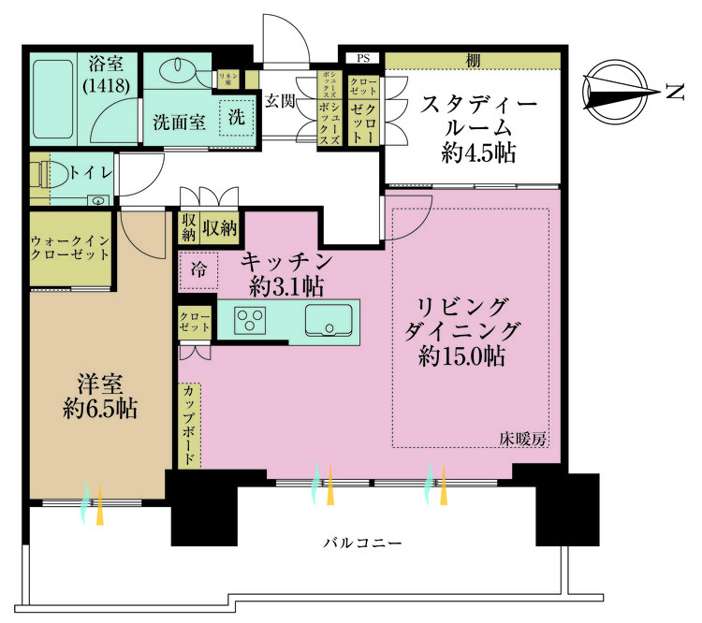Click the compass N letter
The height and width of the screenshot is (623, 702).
[x=674, y=91]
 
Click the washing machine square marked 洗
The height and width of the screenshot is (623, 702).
[x=237, y=118]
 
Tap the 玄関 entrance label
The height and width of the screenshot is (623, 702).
[x=279, y=100]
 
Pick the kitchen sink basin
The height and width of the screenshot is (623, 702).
[x=331, y=320]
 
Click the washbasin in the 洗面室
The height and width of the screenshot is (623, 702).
[x=176, y=72]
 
